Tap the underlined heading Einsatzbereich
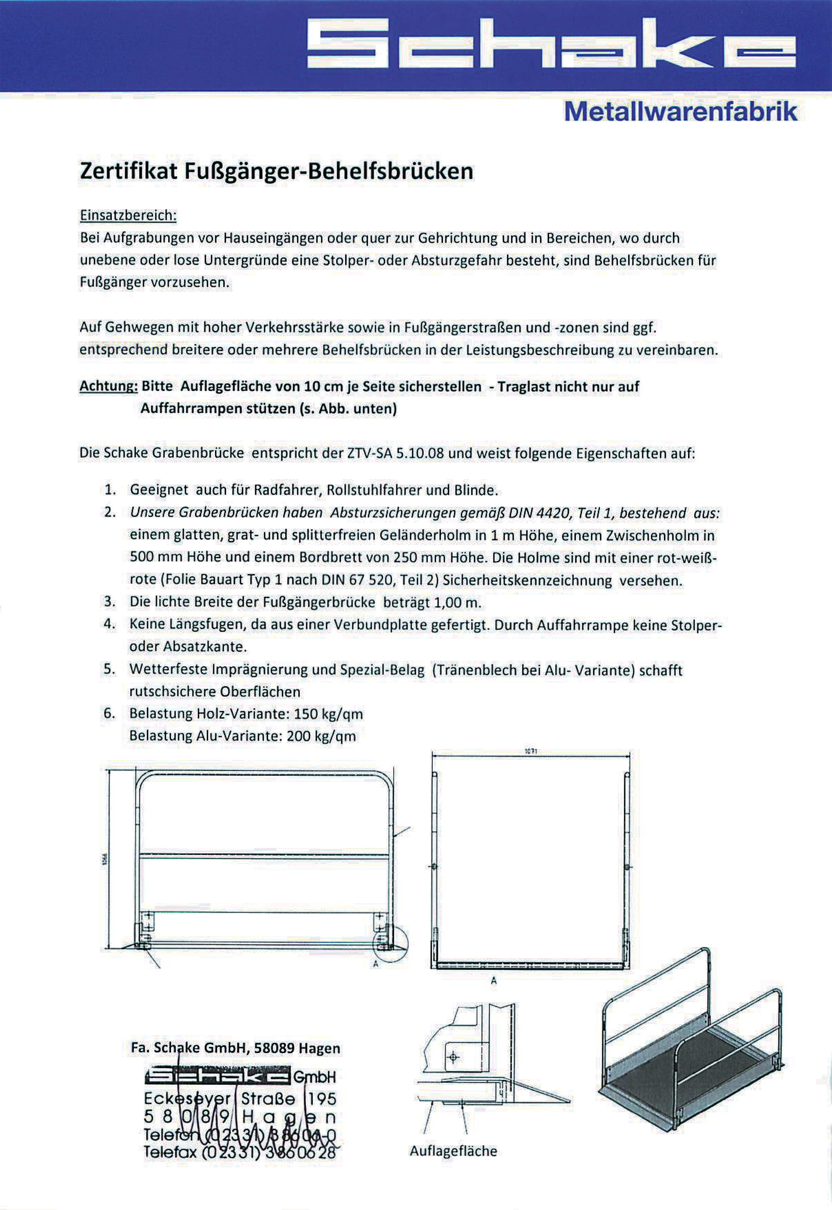point(128,215)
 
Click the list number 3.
point(109,602)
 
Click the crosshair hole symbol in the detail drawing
point(453,1057)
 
